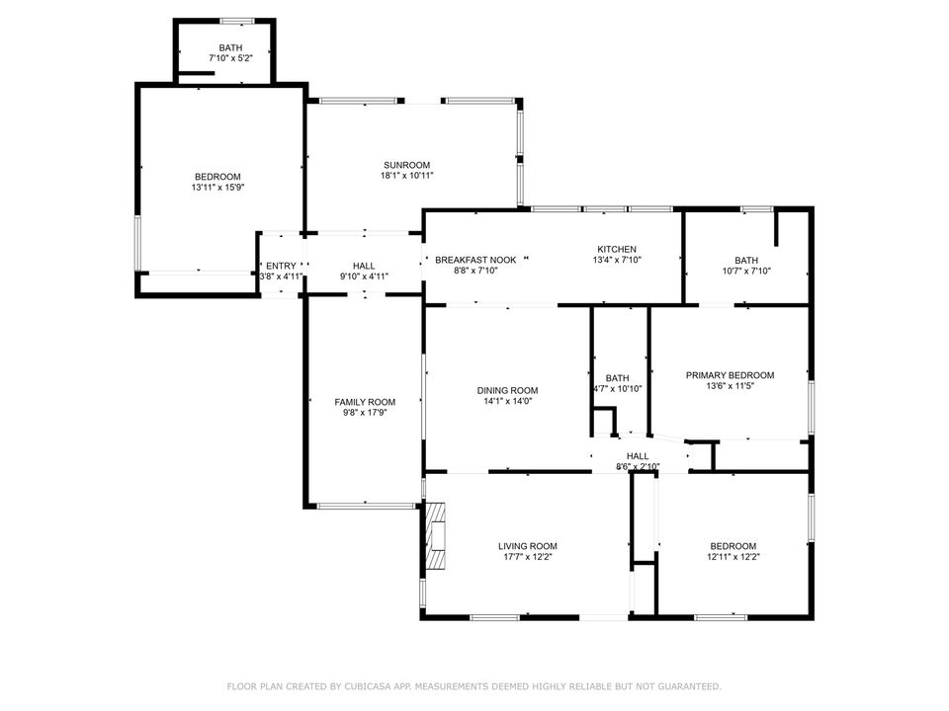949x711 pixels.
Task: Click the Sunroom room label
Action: point(406,165)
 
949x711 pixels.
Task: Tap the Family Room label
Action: point(365,402)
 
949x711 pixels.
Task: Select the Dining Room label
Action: point(511,390)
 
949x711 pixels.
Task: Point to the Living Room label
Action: point(527,546)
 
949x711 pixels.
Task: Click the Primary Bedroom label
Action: point(730,375)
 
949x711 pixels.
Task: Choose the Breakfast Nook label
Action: point(474,260)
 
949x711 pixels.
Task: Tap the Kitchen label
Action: point(616,249)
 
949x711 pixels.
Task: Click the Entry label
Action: point(281,266)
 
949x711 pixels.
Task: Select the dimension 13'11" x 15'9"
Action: point(217,188)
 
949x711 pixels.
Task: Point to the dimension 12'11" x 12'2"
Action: point(733,557)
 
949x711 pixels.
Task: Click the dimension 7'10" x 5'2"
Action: point(230,59)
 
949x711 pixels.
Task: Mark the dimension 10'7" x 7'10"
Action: point(746,272)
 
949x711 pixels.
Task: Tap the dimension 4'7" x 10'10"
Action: point(617,389)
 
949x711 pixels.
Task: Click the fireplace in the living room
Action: point(435,534)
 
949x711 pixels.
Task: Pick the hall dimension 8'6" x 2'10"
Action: point(638,467)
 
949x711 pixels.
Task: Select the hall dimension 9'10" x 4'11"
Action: point(364,276)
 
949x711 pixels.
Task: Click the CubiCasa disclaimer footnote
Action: point(474,685)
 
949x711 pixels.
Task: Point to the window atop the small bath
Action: point(237,21)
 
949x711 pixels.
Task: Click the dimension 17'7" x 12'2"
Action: point(527,557)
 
